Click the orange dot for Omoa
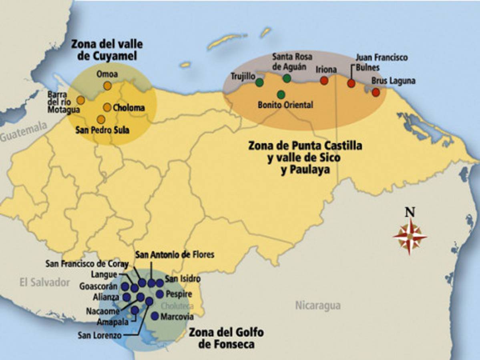[107, 86]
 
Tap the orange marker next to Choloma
[107, 107]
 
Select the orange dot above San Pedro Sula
[101, 119]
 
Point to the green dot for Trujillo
[259, 82]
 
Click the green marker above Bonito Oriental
[281, 94]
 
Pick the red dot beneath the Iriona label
[324, 80]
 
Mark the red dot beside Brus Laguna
[376, 92]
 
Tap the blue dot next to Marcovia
[155, 316]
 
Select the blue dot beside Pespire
[160, 294]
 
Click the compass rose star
[410, 237]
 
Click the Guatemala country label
[23, 136]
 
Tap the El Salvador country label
[45, 283]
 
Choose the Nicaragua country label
[318, 306]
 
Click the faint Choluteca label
[177, 306]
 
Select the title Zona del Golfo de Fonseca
[226, 338]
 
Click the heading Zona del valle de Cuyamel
[107, 50]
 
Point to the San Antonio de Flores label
[175, 254]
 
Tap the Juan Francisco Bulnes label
[382, 62]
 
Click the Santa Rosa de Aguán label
[292, 61]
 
